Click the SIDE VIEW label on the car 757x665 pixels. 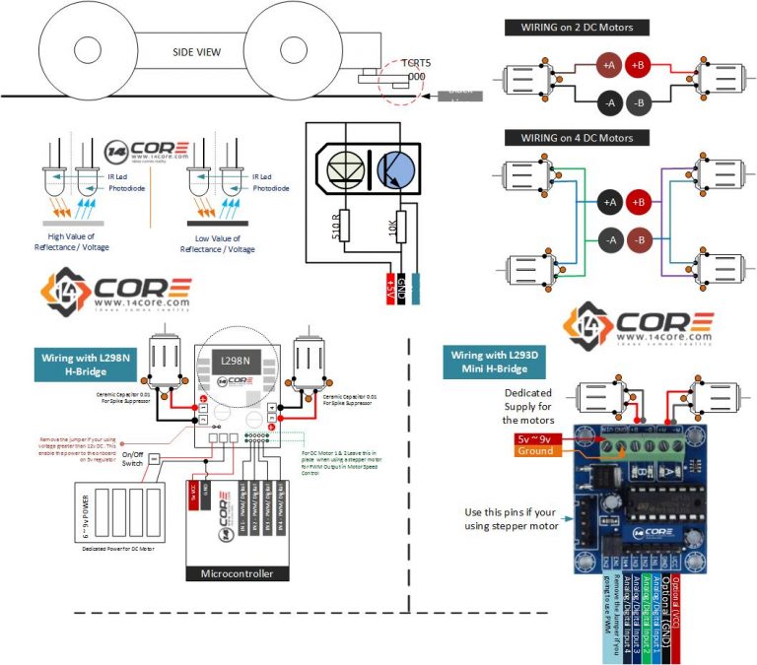pyautogui.click(x=196, y=51)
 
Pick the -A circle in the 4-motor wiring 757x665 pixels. pyautogui.click(x=609, y=239)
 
